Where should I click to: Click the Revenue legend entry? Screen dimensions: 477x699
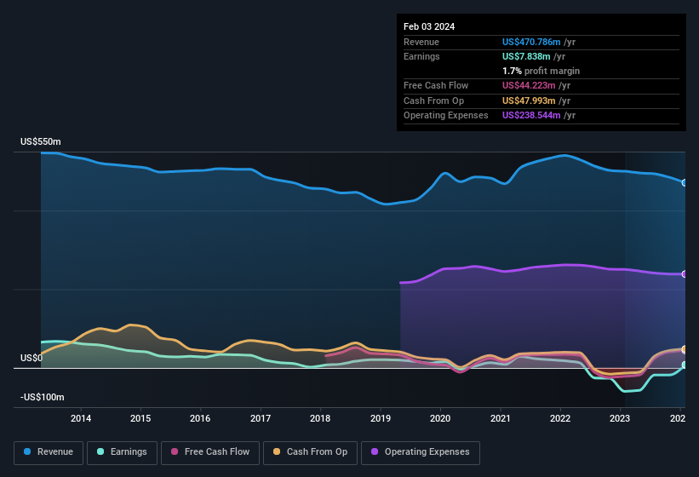[x=49, y=452]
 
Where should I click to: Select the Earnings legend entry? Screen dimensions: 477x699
[x=122, y=452]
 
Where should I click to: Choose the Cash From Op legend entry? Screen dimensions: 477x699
[x=310, y=452]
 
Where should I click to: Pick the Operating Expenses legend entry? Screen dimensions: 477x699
[x=421, y=452]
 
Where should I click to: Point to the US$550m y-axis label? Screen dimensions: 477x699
[x=42, y=141]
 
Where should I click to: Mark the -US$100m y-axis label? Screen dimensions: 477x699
[x=42, y=398]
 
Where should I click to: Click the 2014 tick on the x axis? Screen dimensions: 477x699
[x=81, y=418]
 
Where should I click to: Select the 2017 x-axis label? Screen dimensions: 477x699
[x=261, y=418]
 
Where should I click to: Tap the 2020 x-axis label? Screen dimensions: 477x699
[x=440, y=418]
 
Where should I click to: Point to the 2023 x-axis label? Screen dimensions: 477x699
[x=620, y=418]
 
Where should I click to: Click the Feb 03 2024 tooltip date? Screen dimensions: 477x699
[x=429, y=26]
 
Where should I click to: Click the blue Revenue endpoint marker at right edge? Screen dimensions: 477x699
[x=685, y=182]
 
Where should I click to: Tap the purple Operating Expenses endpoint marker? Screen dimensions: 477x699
[x=685, y=274]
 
